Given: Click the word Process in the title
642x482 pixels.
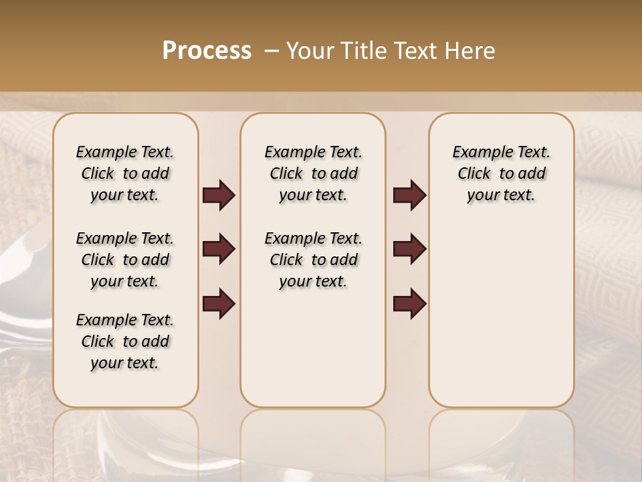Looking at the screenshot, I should pyautogui.click(x=207, y=51).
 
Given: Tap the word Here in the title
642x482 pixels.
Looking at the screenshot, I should pyautogui.click(x=470, y=51).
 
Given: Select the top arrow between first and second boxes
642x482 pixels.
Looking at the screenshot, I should pyautogui.click(x=219, y=195).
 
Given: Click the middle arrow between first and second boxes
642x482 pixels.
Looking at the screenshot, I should pyautogui.click(x=219, y=249).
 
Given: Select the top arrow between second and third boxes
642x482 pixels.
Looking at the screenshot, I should pyautogui.click(x=409, y=195).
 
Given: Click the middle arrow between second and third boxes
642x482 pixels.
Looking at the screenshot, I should pyautogui.click(x=409, y=249).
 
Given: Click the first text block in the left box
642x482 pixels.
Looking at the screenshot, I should pyautogui.click(x=125, y=173).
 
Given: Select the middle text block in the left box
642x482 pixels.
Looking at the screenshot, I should pyautogui.click(x=125, y=260).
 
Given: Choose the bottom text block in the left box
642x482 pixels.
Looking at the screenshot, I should pyautogui.click(x=125, y=341).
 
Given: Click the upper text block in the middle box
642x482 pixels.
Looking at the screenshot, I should pyautogui.click(x=313, y=173).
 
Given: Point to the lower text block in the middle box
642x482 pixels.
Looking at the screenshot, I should pyautogui.click(x=313, y=260).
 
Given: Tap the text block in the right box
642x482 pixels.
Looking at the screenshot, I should pyautogui.click(x=502, y=173).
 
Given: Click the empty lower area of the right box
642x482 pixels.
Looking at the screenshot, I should pyautogui.click(x=502, y=315).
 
